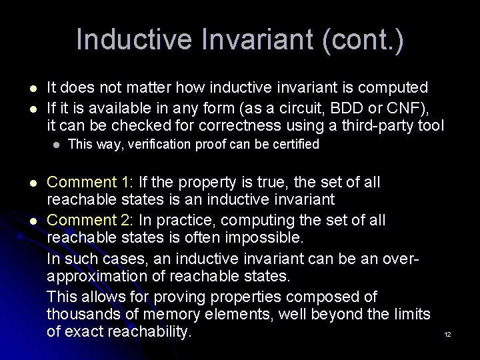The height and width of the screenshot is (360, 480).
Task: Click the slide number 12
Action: [448, 334]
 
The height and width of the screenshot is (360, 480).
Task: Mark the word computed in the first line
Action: [396, 87]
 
